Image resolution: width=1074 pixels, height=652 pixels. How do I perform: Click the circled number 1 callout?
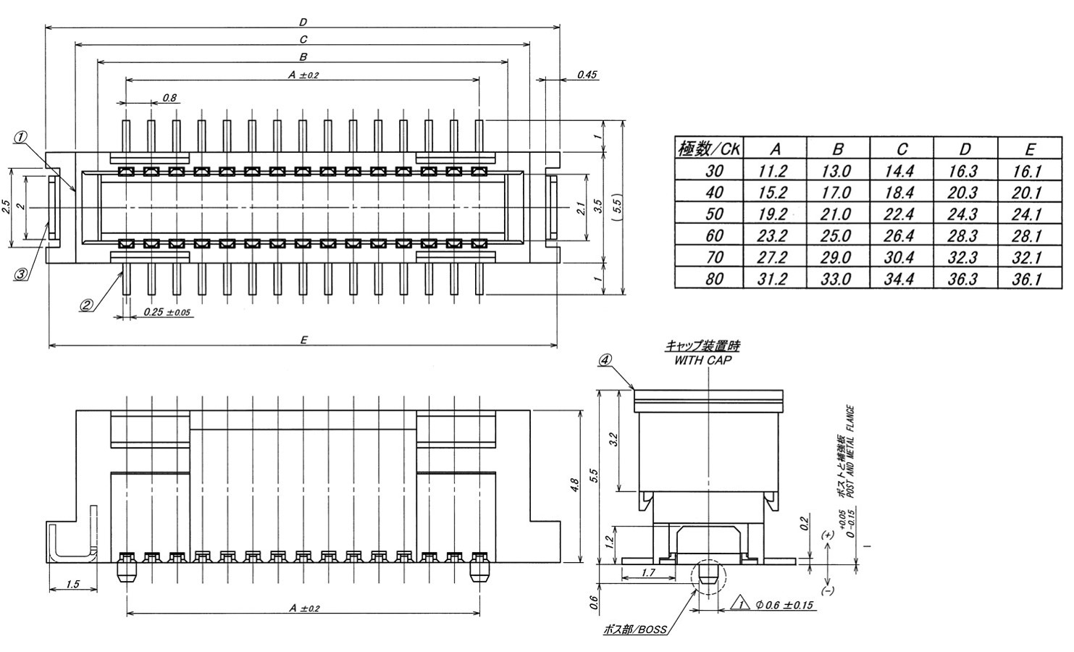tap(22, 137)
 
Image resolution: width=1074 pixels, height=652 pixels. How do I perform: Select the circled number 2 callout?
tap(87, 305)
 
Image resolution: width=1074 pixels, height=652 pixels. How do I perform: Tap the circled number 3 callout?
tap(22, 274)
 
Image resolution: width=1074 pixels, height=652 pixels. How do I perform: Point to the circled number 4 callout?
tap(606, 359)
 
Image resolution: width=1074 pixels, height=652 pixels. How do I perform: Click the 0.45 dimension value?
tap(587, 75)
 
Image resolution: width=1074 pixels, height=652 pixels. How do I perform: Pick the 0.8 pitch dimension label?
tap(170, 97)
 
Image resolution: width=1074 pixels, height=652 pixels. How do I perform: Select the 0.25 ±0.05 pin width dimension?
tap(167, 312)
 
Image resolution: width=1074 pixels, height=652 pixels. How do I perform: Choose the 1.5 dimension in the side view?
tap(72, 583)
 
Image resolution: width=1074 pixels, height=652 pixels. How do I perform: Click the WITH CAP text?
tap(702, 360)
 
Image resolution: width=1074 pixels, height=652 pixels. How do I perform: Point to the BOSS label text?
tap(634, 630)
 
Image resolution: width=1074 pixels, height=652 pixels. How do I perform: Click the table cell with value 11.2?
tap(773, 172)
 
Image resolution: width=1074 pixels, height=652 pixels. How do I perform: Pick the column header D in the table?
tap(965, 149)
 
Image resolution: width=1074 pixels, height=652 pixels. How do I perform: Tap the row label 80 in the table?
tap(714, 278)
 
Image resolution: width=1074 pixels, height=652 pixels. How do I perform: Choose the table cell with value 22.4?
tap(900, 214)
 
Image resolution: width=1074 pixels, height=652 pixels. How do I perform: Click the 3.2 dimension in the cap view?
tap(613, 440)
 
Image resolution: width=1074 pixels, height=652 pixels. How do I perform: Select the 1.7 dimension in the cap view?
tap(648, 573)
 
